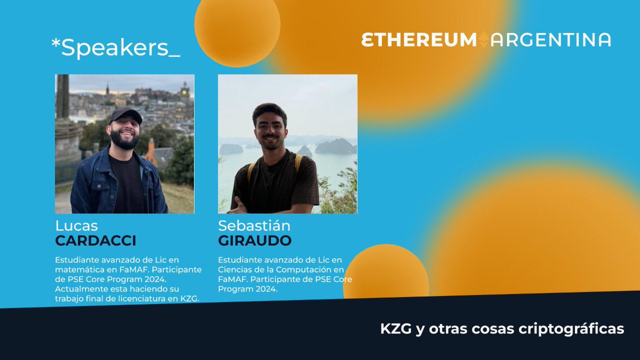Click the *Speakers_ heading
[x=116, y=49]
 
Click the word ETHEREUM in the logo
[x=419, y=40]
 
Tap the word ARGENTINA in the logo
[x=551, y=40]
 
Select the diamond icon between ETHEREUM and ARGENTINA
[x=484, y=40]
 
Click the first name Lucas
[x=76, y=226]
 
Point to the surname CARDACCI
[x=95, y=241]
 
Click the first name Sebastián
[x=254, y=226]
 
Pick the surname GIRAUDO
[x=254, y=241]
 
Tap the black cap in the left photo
[x=126, y=114]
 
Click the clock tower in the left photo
[x=185, y=91]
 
